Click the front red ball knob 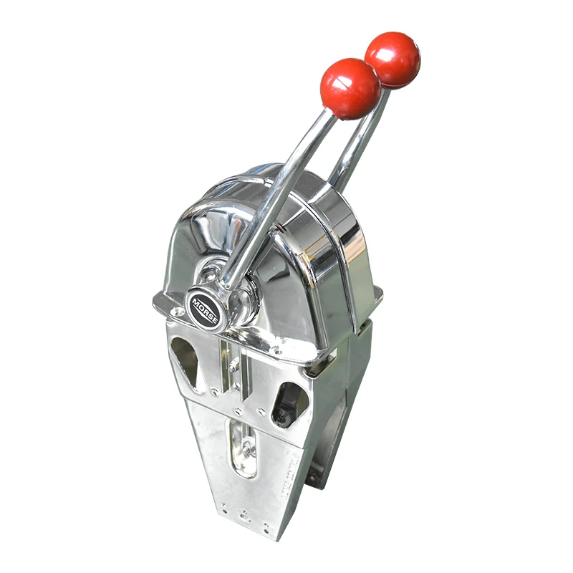pyautogui.click(x=350, y=88)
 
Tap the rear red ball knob pyautogui.click(x=392, y=59)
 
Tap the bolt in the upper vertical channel pyautogui.click(x=233, y=365)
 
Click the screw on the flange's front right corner pyautogui.click(x=276, y=351)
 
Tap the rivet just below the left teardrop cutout pyautogui.click(x=214, y=392)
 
